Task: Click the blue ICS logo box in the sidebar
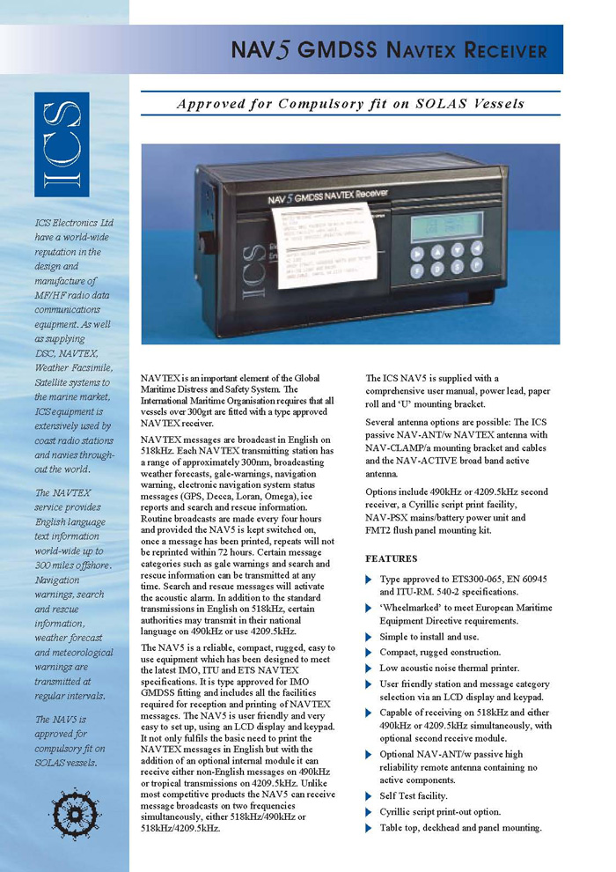(x=62, y=145)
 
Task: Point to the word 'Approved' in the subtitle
(x=211, y=103)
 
